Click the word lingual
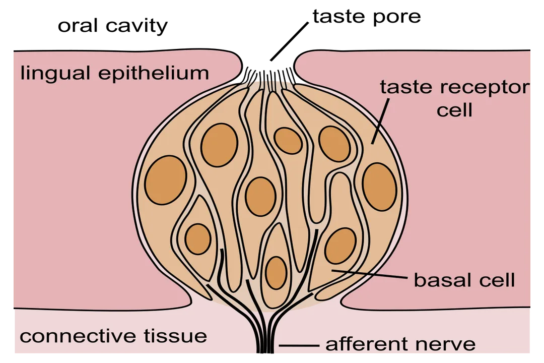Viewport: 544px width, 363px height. click(x=55, y=74)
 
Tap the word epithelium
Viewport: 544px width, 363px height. click(x=154, y=74)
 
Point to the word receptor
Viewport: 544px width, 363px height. click(x=484, y=87)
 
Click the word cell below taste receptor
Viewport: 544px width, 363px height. click(x=454, y=109)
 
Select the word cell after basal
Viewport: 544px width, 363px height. click(x=497, y=280)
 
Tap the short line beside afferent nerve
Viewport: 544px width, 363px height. click(x=299, y=346)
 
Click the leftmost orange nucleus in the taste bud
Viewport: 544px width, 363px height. click(x=166, y=180)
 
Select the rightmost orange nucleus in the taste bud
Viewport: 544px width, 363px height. click(x=379, y=187)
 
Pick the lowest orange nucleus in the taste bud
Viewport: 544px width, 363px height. click(x=276, y=273)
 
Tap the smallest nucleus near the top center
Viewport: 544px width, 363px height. click(x=288, y=140)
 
